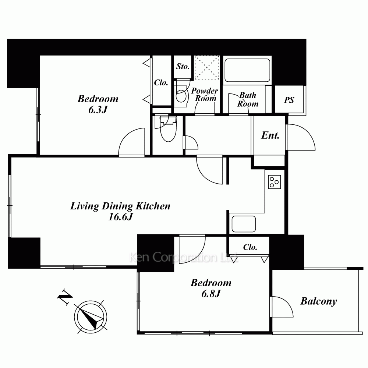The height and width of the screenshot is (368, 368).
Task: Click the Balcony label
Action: click(318, 301)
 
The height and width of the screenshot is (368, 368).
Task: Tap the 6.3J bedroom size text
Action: click(98, 110)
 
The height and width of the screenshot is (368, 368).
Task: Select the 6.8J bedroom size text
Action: click(211, 294)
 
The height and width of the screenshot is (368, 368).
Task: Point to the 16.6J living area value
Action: click(121, 217)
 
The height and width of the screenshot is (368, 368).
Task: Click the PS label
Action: click(289, 100)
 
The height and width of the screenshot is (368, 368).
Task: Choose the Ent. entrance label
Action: click(270, 135)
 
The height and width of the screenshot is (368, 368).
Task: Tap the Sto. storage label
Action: click(183, 66)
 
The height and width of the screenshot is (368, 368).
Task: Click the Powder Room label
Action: click(205, 94)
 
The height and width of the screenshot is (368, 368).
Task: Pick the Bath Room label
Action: click(248, 99)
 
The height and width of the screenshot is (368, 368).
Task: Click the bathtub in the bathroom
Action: click(247, 70)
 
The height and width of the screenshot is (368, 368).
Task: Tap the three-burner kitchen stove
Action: click(275, 182)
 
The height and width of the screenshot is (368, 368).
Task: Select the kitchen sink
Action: click(244, 224)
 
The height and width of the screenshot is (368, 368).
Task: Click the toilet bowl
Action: click(168, 129)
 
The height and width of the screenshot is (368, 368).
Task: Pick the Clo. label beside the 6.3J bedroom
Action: click(161, 82)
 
